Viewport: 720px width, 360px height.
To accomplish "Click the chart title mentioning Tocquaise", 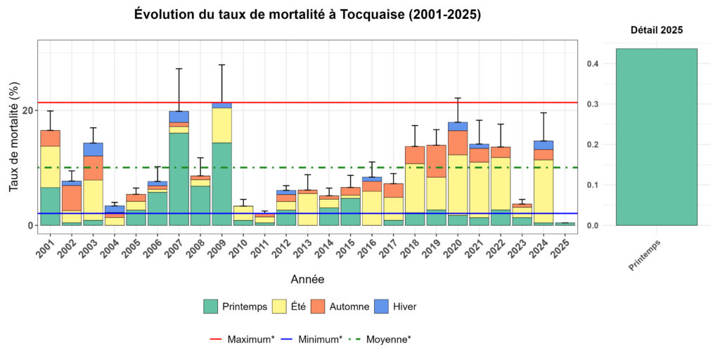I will [307, 15].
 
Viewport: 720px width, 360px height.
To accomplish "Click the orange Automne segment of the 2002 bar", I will [71, 198].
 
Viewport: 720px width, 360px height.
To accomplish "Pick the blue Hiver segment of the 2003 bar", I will [93, 149].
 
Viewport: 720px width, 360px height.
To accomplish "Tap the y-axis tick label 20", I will [27, 110].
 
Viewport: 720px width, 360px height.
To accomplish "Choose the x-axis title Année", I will [307, 280].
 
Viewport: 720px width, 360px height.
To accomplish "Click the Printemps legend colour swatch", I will [210, 307].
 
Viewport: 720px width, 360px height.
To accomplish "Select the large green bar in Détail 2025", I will [656, 137].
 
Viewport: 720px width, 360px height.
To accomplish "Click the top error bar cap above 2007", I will [179, 68].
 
